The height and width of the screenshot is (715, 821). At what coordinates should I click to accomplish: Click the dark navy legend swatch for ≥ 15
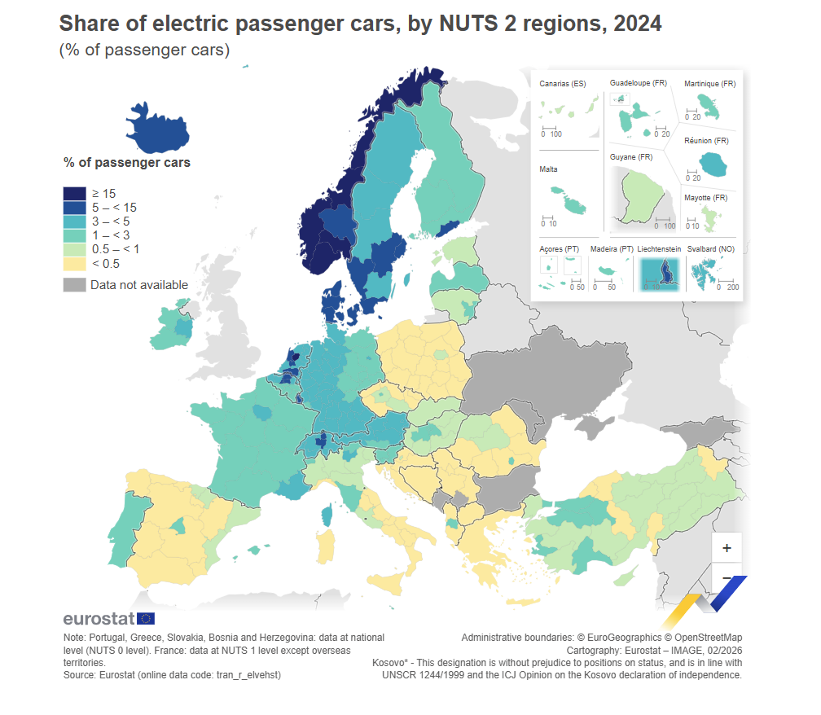[x=74, y=194]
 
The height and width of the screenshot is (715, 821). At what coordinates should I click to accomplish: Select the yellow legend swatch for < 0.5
[x=74, y=263]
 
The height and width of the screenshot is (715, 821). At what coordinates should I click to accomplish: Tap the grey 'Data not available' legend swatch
[x=74, y=285]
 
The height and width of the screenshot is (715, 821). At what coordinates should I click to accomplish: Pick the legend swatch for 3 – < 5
[x=74, y=222]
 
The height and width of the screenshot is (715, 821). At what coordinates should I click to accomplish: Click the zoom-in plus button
[x=727, y=548]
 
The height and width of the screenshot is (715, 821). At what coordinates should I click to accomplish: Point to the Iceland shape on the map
[x=160, y=130]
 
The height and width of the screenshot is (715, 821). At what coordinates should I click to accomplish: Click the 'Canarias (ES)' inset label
[x=562, y=84]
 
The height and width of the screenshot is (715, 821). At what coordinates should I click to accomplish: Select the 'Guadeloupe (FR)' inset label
[x=639, y=84]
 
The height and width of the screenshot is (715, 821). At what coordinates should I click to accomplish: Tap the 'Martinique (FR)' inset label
[x=710, y=84]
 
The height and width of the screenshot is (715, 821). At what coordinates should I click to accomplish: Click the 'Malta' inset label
[x=548, y=169]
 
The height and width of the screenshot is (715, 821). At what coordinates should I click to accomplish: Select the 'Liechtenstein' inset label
[x=659, y=248]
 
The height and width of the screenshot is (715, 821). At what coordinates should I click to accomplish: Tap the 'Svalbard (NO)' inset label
[x=712, y=248]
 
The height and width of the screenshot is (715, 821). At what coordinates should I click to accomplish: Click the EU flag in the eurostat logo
[x=147, y=619]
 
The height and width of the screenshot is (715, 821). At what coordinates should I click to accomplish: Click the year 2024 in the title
[x=638, y=24]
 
